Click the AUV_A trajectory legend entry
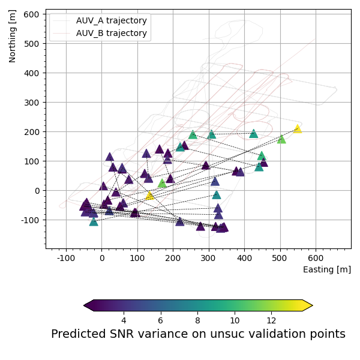(112, 20)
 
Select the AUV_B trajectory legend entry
(112, 33)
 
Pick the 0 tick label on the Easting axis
(101, 259)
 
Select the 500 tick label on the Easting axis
(280, 259)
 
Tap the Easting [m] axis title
(327, 269)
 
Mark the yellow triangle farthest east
(297, 128)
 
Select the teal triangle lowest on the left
(94, 221)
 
